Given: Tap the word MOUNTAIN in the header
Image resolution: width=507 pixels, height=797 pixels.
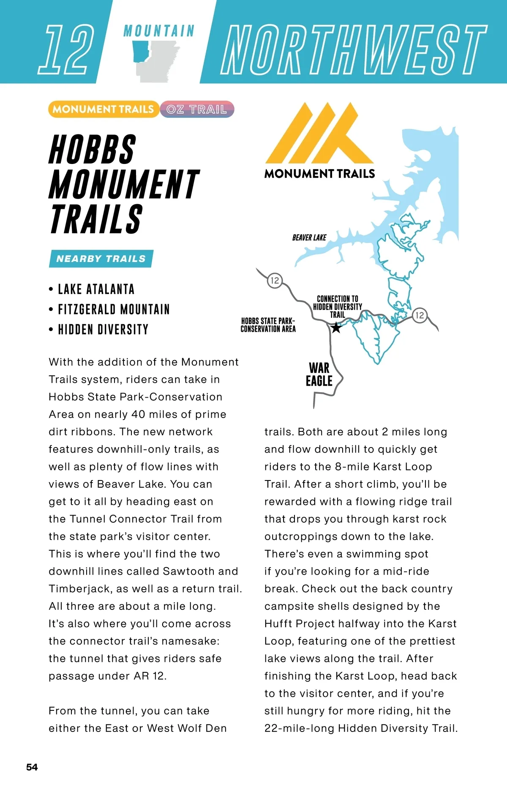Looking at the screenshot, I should (x=159, y=31).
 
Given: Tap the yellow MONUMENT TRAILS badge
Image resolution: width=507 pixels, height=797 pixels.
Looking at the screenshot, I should (x=103, y=109).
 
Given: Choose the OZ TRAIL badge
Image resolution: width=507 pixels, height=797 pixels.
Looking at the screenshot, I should (x=197, y=109).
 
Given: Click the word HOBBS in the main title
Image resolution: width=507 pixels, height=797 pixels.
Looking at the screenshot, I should (x=93, y=149).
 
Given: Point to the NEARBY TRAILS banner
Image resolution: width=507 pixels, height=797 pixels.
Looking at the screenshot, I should (x=101, y=259).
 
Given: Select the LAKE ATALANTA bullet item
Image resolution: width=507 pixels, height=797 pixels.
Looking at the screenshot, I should (x=96, y=289).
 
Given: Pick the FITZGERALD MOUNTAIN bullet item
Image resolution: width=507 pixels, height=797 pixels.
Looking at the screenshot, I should (x=114, y=309).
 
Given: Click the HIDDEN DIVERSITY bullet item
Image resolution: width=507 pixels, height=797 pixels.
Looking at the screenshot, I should (x=103, y=330).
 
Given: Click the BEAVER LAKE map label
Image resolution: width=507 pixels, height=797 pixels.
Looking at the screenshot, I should (x=309, y=237).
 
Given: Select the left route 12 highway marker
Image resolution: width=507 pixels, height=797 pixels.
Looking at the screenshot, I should (x=275, y=280).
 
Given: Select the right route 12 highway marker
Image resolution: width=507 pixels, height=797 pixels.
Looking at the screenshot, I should (x=420, y=315).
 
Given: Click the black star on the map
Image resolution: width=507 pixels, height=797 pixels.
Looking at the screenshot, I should (x=336, y=328).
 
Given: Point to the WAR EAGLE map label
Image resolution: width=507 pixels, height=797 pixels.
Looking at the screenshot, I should (x=319, y=374).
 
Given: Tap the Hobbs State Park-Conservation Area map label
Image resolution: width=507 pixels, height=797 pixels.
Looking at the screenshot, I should (x=268, y=325).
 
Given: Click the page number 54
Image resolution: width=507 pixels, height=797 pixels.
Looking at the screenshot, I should (x=32, y=767).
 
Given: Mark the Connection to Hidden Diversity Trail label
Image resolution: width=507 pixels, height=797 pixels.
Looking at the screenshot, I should (x=337, y=306).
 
